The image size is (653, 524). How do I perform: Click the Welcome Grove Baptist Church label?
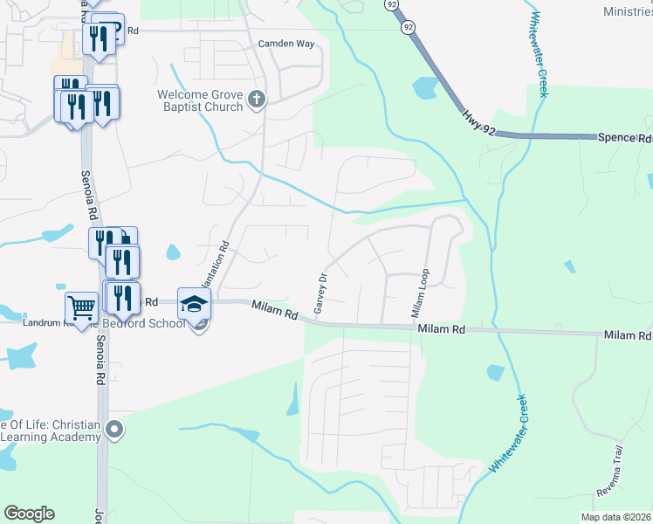click(x=200, y=100)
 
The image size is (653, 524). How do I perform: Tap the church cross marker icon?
click(x=257, y=100)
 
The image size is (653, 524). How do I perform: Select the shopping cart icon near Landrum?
click(x=81, y=307)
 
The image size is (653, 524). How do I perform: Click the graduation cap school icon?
click(x=195, y=303)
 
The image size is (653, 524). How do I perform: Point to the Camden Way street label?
click(x=285, y=44)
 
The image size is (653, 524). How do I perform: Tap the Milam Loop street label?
click(x=419, y=293)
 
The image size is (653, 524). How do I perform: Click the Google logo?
click(x=29, y=514)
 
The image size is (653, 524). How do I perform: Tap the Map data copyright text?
click(x=616, y=517)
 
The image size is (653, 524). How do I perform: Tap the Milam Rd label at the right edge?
click(x=627, y=334)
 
